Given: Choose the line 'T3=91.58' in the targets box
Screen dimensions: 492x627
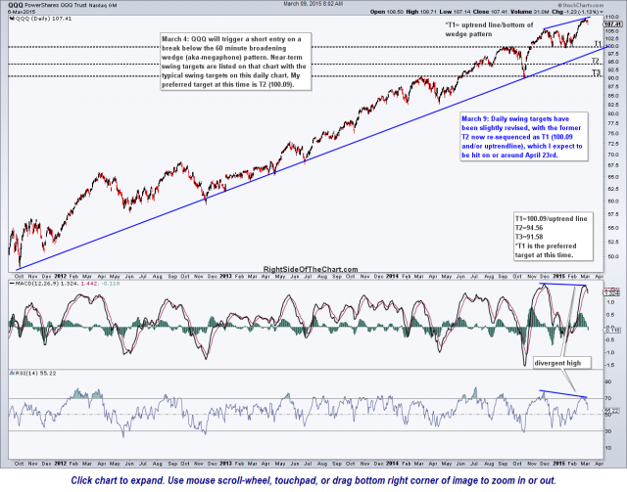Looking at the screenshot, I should pyautogui.click(x=536, y=238).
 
